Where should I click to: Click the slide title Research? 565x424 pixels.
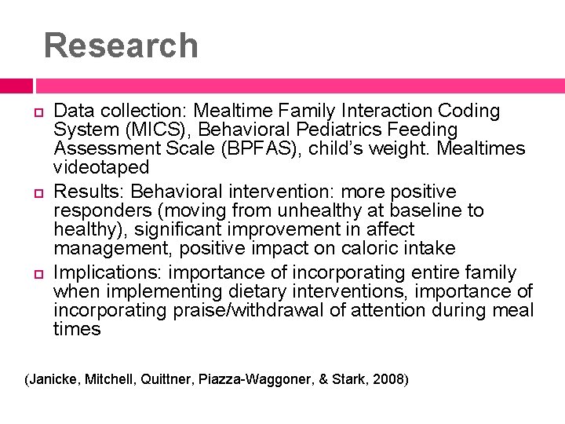(x=121, y=46)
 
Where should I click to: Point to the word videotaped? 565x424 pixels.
(x=100, y=167)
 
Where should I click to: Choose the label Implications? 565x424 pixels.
(x=110, y=273)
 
